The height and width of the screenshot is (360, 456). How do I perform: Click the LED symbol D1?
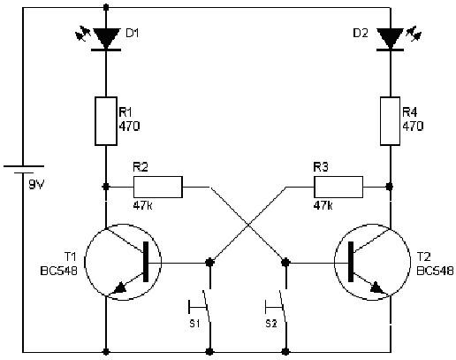pyautogui.click(x=106, y=38)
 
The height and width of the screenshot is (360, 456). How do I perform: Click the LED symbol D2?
pyautogui.click(x=390, y=38)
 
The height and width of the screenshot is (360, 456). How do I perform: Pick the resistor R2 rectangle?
pyautogui.click(x=157, y=187)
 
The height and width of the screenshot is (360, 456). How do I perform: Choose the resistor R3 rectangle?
pyautogui.click(x=338, y=187)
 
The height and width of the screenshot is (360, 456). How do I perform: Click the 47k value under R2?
pyautogui.click(x=143, y=205)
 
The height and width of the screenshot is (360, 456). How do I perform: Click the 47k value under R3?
pyautogui.click(x=324, y=205)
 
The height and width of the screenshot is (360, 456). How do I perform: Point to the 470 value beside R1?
pyautogui.click(x=129, y=126)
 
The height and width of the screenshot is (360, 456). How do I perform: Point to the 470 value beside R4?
pyautogui.click(x=413, y=126)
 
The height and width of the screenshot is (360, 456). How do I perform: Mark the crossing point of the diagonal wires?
pyautogui.click(x=247, y=225)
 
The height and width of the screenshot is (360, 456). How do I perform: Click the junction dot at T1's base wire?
pyautogui.click(x=209, y=262)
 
